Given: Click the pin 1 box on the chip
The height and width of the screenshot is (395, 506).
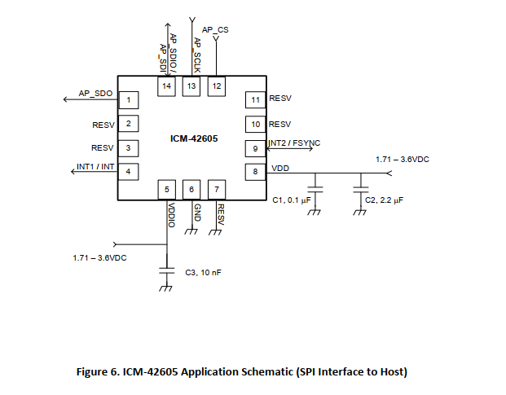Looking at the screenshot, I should coord(127,100).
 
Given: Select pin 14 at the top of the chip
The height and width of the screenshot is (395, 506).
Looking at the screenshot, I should coord(166,86).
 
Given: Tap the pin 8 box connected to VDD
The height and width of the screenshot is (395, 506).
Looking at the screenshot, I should coord(255,171).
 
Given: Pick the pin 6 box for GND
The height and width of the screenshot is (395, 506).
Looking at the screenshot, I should coord(191,190).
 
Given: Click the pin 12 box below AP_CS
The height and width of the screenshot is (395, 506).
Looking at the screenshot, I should coord(216,86).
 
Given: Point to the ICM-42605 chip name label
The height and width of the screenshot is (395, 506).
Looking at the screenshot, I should coord(194,138).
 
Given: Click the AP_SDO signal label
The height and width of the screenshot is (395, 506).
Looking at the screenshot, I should coord(95,94).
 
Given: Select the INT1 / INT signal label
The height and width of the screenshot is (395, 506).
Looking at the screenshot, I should coord(95,167).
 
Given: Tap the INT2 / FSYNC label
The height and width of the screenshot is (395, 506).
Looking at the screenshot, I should coord(294,143).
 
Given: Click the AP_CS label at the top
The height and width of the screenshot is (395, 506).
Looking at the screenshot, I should coord(215,29).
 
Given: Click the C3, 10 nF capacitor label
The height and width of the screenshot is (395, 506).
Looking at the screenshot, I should coord(204,273).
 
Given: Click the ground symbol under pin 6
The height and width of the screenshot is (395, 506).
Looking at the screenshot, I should coord(191,230).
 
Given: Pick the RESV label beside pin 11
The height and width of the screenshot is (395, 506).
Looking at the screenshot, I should coord(280,99).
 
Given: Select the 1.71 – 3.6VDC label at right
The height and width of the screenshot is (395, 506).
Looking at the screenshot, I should coord(402,160).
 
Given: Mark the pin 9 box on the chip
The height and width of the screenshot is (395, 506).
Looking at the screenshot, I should coord(255,148).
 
